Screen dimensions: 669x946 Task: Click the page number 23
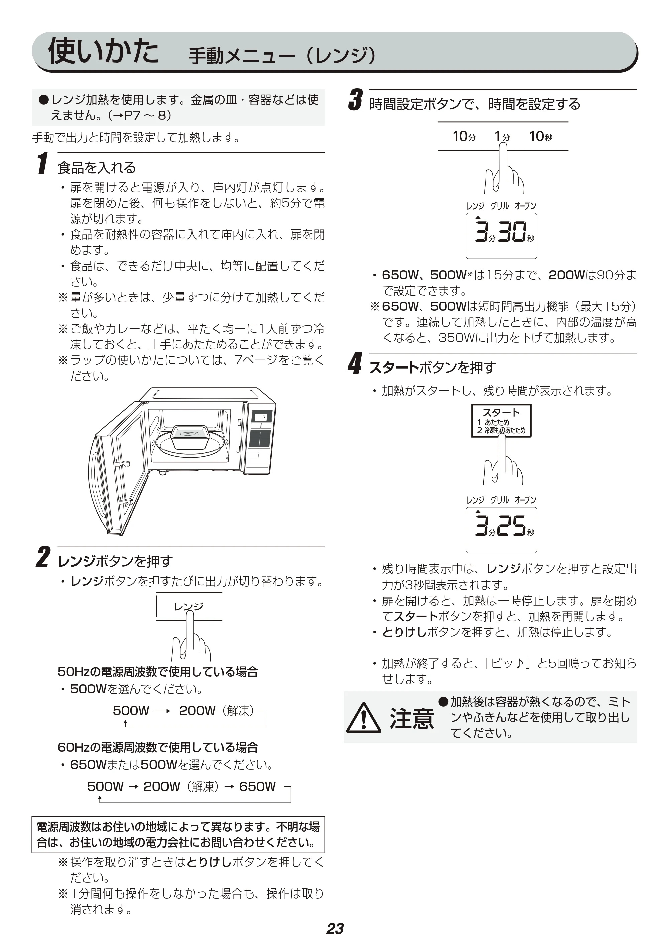[x=334, y=928]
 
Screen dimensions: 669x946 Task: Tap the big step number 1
[x=42, y=163]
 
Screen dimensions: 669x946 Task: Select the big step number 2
[x=43, y=557]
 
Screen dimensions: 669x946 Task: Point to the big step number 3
[x=355, y=100]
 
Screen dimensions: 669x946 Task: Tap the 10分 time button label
[x=464, y=136]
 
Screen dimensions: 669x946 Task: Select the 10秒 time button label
[x=541, y=136]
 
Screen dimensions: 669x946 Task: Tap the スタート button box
[x=501, y=420]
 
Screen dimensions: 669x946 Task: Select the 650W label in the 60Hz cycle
[x=257, y=786]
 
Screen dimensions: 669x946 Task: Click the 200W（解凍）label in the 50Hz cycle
[x=217, y=710]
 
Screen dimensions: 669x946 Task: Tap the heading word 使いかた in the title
[x=103, y=51]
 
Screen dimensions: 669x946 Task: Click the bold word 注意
[x=412, y=719]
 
